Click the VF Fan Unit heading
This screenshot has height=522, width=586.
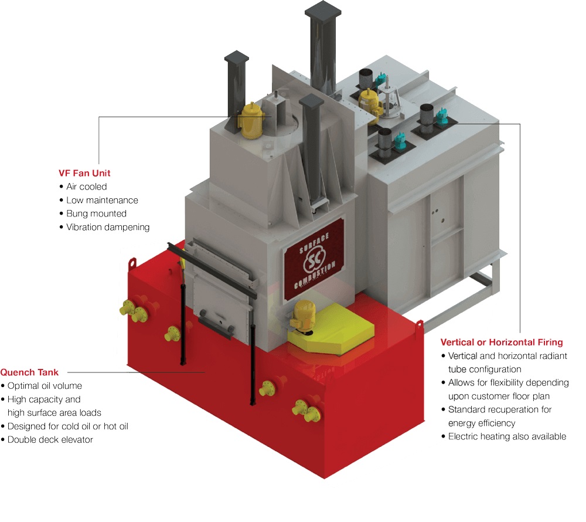(84, 173)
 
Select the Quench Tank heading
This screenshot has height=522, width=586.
(29, 372)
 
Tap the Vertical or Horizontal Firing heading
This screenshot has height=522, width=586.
(501, 342)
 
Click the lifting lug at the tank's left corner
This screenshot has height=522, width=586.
(134, 261)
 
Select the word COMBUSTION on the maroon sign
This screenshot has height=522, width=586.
(316, 276)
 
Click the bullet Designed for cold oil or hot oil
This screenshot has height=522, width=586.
(67, 426)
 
